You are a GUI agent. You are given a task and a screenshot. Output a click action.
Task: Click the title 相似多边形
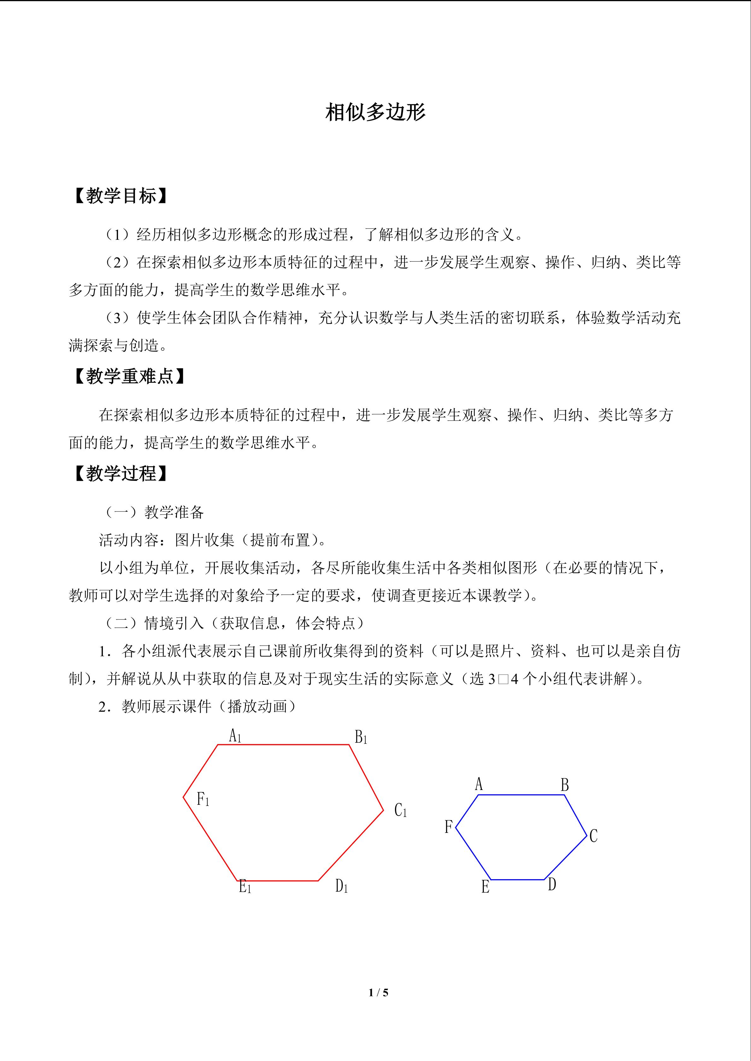(375, 112)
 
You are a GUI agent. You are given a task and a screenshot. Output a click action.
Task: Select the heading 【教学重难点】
(130, 376)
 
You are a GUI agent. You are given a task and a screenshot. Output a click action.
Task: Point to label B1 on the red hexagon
(361, 737)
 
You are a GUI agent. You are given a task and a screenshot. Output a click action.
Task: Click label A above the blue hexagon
(479, 784)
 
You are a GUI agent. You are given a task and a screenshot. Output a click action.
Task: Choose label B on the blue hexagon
(565, 785)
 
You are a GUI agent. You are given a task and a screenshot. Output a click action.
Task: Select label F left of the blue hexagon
(448, 827)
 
